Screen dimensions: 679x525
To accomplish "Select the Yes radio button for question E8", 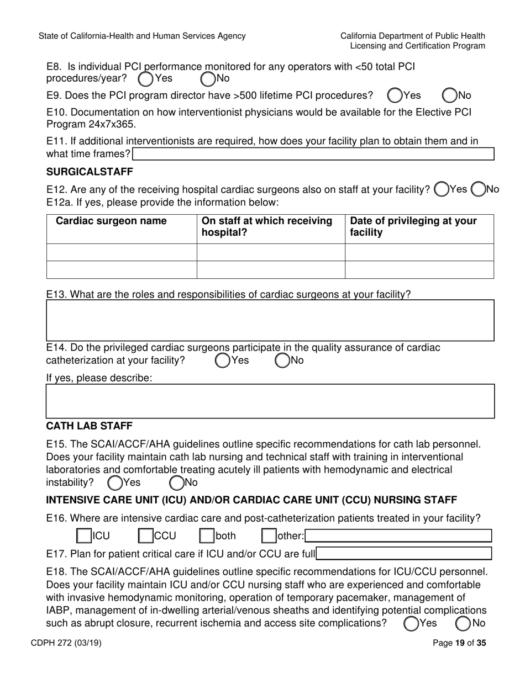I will tap(145, 79).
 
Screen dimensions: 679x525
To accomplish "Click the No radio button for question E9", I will tap(450, 96).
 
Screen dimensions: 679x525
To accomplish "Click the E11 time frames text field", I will tap(313, 153).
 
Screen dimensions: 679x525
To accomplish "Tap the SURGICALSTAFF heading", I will tap(90, 172).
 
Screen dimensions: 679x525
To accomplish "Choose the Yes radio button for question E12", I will tap(442, 189).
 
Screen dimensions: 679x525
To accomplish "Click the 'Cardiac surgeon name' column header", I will tap(111, 221).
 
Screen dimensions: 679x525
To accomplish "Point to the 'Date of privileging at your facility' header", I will tap(413, 227).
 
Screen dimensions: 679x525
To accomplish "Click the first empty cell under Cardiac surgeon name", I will tap(122, 252).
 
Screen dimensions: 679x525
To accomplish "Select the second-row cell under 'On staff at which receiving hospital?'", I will tap(271, 269).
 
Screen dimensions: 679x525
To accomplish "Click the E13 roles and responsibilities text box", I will tap(270, 321).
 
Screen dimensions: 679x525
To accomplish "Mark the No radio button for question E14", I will tap(282, 361).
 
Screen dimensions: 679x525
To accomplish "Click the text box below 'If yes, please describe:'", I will tap(270, 401).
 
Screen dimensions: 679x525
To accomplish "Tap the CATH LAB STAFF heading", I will tap(89, 426).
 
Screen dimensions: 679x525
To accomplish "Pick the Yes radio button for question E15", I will tap(115, 483).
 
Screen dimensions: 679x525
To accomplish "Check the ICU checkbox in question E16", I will tap(84, 535).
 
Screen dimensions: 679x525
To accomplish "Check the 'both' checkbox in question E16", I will tap(207, 535).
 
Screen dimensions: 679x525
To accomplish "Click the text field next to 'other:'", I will tap(398, 535).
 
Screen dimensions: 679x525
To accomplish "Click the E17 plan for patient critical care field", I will tap(404, 553).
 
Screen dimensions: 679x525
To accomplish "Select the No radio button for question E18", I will tap(464, 624).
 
